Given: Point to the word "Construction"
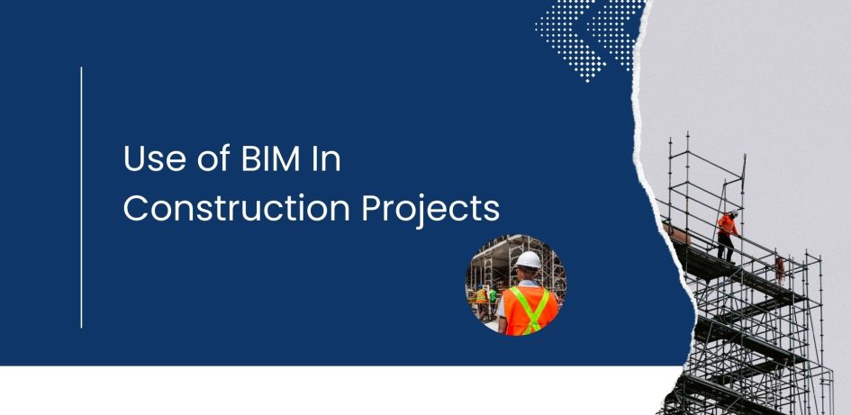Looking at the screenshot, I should click(x=236, y=209).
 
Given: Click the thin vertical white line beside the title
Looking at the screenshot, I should click(x=81, y=197).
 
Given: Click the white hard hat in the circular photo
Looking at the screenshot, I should click(x=528, y=260).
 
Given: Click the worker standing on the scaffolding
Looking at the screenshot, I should click(x=727, y=236).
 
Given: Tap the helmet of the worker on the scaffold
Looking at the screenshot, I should click(x=733, y=214).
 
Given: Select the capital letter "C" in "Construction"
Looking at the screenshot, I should click(x=136, y=209).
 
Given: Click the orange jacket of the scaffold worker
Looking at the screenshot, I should click(x=726, y=225).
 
